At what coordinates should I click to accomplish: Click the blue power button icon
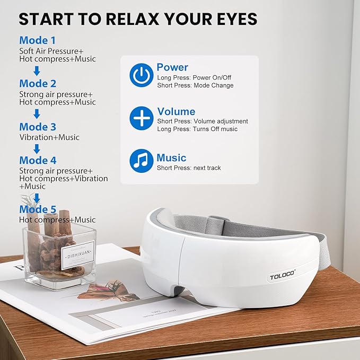tap(142, 76)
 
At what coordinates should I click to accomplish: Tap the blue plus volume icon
tap(142, 119)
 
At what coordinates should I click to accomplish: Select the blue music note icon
tap(142, 161)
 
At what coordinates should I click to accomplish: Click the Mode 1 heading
tap(37, 40)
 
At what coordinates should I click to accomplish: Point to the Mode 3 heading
tap(38, 127)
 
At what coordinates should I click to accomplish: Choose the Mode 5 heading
tap(38, 209)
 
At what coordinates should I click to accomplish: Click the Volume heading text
tap(176, 111)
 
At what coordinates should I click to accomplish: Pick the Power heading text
tap(172, 67)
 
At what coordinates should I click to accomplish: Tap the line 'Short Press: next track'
tap(189, 168)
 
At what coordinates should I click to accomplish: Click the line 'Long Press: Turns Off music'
tap(197, 129)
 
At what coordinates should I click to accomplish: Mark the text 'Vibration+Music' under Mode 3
tap(49, 137)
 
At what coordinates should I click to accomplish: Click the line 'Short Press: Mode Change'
tap(195, 85)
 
